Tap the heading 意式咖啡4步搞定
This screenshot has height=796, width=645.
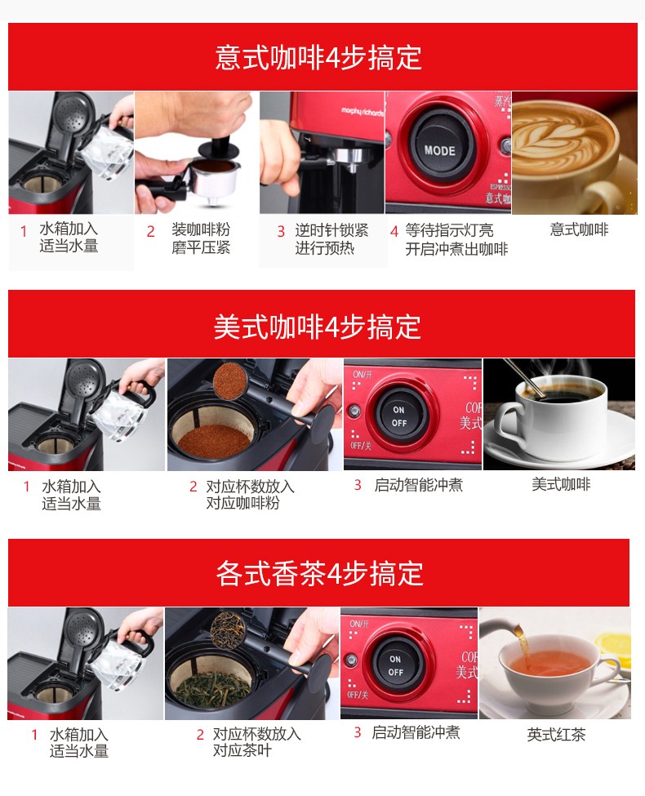(318, 57)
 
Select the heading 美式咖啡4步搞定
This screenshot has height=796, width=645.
(318, 326)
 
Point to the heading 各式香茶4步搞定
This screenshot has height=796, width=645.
(319, 573)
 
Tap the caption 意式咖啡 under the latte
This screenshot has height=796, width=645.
(579, 229)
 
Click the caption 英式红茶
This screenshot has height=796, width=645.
(556, 734)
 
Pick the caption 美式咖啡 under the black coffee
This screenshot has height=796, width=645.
(561, 484)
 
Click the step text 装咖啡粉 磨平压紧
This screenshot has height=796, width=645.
(201, 238)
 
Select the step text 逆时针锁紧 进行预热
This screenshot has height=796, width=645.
(331, 239)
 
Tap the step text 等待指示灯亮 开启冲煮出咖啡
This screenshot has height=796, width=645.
(456, 239)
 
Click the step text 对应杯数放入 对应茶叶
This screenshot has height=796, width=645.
(256, 741)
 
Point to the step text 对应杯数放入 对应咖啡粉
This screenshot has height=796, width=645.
(250, 495)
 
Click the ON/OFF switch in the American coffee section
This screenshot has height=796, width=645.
(399, 416)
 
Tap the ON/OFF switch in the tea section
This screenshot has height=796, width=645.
(396, 665)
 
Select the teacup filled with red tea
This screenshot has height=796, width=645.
(554, 670)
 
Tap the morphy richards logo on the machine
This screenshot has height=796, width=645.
(363, 111)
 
